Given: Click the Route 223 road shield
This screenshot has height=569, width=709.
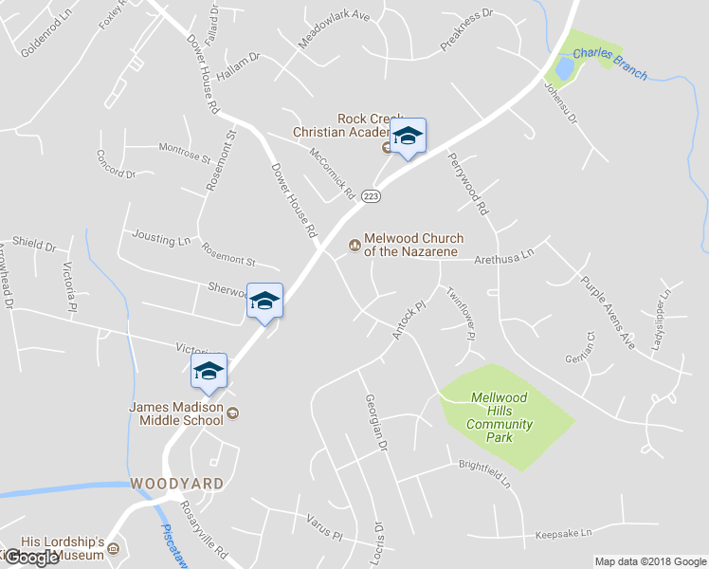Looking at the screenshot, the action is tap(371, 195).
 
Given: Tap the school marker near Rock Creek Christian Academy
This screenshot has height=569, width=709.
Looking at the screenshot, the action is tap(408, 137).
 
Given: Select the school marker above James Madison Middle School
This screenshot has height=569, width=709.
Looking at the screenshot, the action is tap(209, 372).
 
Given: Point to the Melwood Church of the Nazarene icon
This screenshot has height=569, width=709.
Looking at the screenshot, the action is tap(354, 245).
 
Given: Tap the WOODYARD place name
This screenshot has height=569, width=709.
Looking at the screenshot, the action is tap(178, 484).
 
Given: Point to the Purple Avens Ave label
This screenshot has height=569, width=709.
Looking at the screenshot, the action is tap(608, 313).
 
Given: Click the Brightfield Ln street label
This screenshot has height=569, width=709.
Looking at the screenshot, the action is tap(484, 473).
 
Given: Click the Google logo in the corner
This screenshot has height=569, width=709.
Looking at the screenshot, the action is tap(31, 558).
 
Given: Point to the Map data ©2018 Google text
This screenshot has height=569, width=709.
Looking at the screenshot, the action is tap(650, 561).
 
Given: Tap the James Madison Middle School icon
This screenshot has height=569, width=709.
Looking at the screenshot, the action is tap(232, 413).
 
